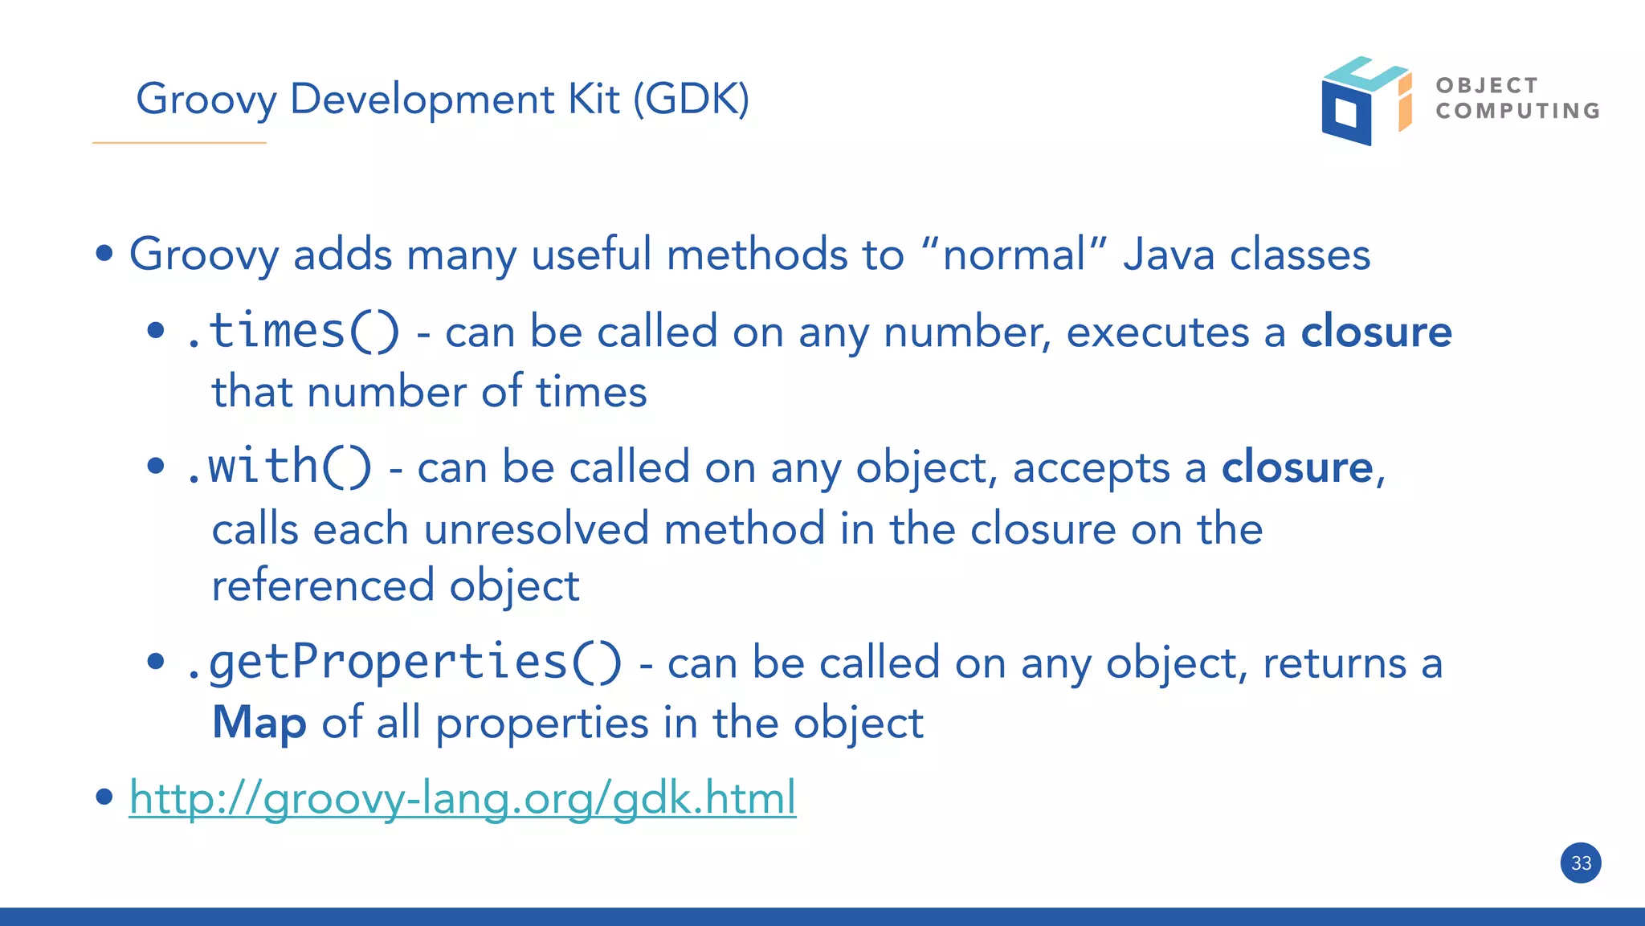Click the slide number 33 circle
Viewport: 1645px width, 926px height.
coord(1581,863)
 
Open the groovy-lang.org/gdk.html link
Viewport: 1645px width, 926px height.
coord(463,798)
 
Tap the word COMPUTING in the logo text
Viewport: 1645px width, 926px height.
coord(1518,111)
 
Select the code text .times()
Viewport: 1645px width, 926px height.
coord(292,331)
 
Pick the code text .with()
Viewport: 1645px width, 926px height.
coord(279,467)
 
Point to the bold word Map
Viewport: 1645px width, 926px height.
coord(259,722)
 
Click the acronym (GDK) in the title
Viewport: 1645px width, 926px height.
coord(692,99)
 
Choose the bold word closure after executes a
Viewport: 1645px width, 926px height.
coord(1376,332)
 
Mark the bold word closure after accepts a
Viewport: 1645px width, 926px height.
coord(1297,467)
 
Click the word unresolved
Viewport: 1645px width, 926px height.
coord(536,529)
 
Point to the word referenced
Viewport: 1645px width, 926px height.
coord(322,585)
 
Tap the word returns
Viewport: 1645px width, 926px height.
coord(1334,663)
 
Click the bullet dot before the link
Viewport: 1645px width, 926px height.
coord(104,797)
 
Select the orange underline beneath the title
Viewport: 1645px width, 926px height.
coord(179,143)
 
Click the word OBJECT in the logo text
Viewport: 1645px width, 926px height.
coord(1487,85)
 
